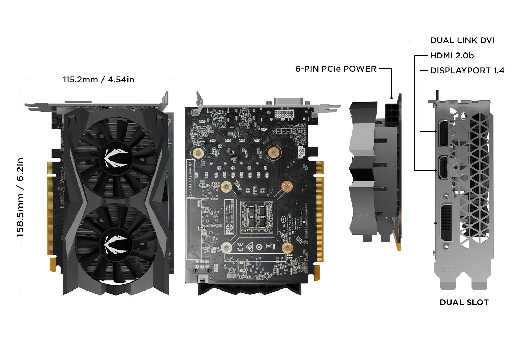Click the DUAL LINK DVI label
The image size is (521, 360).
point(462,40)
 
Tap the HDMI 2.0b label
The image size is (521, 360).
point(452,56)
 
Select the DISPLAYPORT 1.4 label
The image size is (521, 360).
point(467,71)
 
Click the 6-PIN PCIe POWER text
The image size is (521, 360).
point(336,69)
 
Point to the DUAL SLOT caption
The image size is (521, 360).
point(464,302)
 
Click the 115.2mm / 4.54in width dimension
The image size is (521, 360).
point(98,80)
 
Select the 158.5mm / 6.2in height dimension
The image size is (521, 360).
point(20,197)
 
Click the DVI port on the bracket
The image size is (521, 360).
point(446,223)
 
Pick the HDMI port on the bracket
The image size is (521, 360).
point(443,168)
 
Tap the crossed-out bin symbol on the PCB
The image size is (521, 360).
point(268,247)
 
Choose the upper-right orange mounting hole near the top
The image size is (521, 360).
point(274,152)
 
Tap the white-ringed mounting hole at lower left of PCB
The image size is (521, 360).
point(226,247)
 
